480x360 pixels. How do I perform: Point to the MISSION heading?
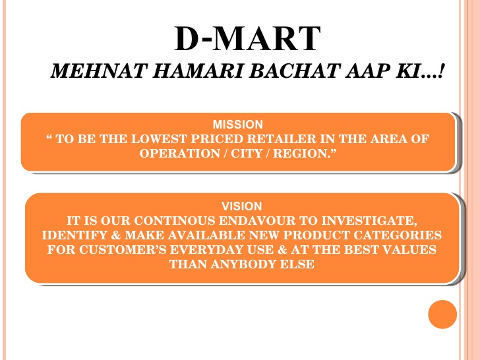click(238, 124)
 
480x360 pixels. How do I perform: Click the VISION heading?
click(241, 206)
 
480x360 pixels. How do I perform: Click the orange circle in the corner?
click(442, 315)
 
